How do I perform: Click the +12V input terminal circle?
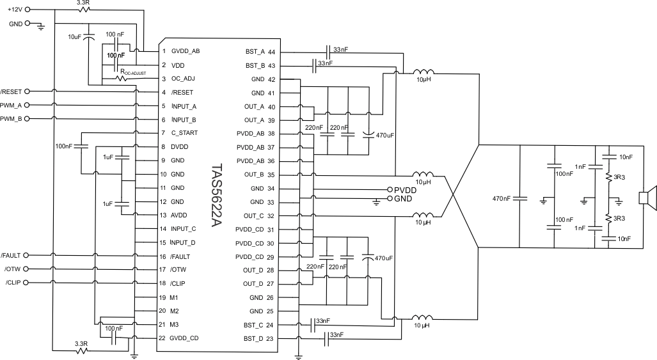click(27, 10)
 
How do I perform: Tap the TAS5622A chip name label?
click(217, 194)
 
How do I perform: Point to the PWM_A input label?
click(11, 106)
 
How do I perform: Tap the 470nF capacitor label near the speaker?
click(502, 198)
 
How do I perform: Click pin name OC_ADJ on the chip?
click(184, 79)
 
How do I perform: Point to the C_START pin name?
click(185, 133)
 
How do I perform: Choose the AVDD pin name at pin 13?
click(180, 215)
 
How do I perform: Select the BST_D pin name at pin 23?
click(255, 339)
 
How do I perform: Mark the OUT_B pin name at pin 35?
click(255, 175)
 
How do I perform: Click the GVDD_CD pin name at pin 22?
click(185, 338)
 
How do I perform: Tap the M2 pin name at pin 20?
click(175, 311)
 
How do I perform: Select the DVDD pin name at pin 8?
click(180, 147)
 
